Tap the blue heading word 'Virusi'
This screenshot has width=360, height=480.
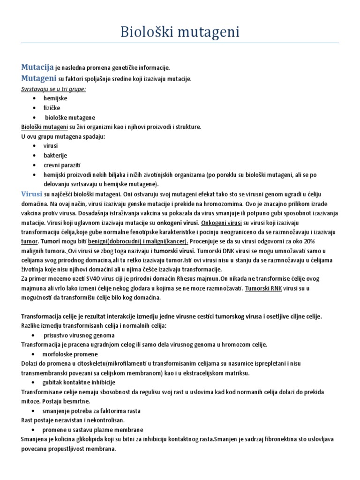click(32, 194)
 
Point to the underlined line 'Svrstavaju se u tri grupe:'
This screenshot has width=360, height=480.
click(53, 89)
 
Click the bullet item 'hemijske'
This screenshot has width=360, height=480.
click(55, 98)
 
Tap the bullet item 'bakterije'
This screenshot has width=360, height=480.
click(55, 155)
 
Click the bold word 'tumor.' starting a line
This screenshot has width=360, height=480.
click(30, 241)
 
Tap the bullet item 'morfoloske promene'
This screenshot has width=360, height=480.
click(70, 354)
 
